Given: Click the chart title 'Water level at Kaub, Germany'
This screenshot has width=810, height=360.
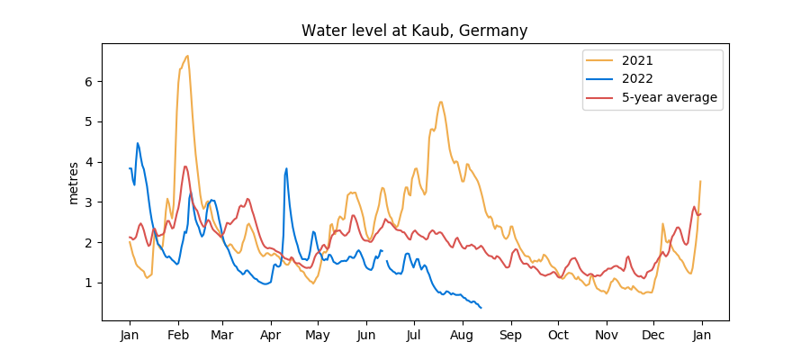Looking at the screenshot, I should pos(414,31).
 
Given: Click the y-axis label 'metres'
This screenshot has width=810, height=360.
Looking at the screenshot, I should pos(74,184).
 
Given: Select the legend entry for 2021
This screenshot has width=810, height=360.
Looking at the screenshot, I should pos(637,60).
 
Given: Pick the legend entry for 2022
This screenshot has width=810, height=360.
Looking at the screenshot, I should pos(637,79).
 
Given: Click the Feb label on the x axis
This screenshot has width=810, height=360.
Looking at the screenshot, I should pos(178,336).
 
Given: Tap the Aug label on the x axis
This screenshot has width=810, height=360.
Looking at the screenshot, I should pos(463,336).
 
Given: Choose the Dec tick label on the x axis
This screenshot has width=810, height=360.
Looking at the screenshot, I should pos(654,336).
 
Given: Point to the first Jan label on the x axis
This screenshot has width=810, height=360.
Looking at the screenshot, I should pos(130,336).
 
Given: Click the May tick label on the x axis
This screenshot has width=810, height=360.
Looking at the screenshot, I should pos(317,336).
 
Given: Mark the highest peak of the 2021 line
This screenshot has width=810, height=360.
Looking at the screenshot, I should pos(187,56).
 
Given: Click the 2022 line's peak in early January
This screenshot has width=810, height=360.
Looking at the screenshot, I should pos(138,143).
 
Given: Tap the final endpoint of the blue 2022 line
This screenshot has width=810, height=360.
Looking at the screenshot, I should pos(481,309).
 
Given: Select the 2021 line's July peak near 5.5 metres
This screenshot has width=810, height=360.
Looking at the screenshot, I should pos(441,102).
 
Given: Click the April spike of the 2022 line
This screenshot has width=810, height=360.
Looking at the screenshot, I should pos(286,168).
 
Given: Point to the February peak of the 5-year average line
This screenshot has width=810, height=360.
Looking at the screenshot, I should pos(185,166).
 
